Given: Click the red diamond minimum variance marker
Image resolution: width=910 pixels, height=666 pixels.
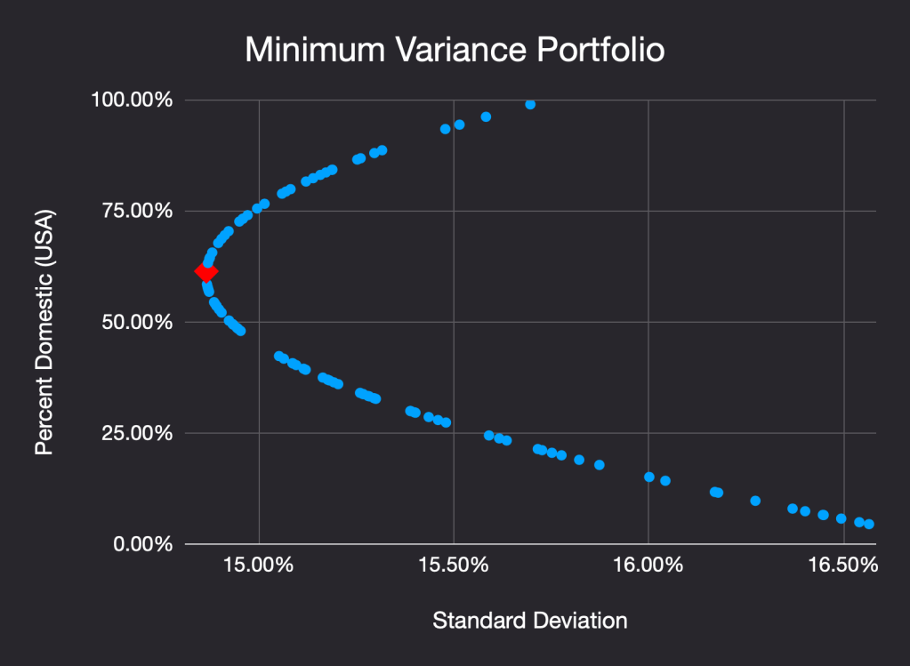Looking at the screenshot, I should click(206, 272).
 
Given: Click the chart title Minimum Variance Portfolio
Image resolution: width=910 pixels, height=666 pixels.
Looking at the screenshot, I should click(454, 51).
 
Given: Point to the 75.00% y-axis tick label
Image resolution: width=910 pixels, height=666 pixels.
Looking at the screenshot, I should click(136, 211).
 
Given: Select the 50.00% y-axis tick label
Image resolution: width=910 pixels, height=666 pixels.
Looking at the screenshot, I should click(136, 322).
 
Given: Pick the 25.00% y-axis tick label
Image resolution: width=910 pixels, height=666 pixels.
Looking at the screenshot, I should click(136, 433).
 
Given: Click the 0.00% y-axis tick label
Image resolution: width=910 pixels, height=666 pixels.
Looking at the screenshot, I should click(141, 543).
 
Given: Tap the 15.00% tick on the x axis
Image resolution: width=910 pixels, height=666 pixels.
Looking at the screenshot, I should click(259, 566).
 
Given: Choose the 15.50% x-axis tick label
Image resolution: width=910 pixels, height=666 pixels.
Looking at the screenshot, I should click(454, 566).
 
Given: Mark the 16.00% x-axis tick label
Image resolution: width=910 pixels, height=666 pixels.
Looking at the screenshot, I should click(648, 566).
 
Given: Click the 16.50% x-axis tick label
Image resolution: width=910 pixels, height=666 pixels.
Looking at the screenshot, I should click(843, 566).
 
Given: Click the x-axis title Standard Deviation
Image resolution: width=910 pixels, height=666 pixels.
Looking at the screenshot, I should click(529, 620).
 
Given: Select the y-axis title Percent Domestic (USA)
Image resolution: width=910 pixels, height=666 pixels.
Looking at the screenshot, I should click(44, 333).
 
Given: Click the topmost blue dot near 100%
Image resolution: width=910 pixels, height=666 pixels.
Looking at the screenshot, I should click(530, 104).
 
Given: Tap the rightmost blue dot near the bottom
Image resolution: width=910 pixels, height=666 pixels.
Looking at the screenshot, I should click(869, 524).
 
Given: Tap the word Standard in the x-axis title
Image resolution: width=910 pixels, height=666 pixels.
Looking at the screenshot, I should click(478, 620).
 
